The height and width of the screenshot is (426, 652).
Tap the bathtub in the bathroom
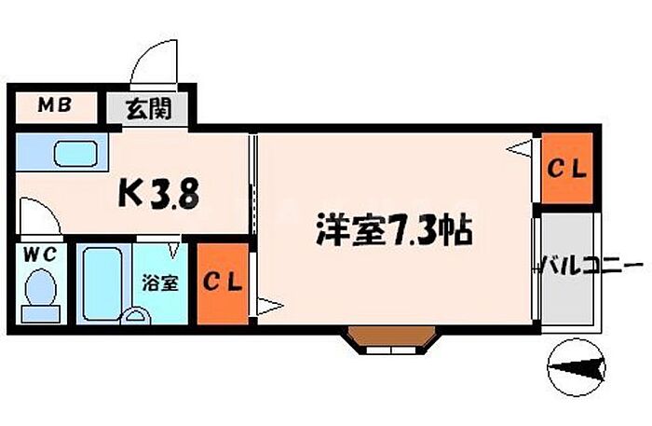click(103, 282)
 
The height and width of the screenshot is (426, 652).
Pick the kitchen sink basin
click(75, 152)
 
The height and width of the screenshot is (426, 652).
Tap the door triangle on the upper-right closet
click(523, 147)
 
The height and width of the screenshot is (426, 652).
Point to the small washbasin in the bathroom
click(138, 316)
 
